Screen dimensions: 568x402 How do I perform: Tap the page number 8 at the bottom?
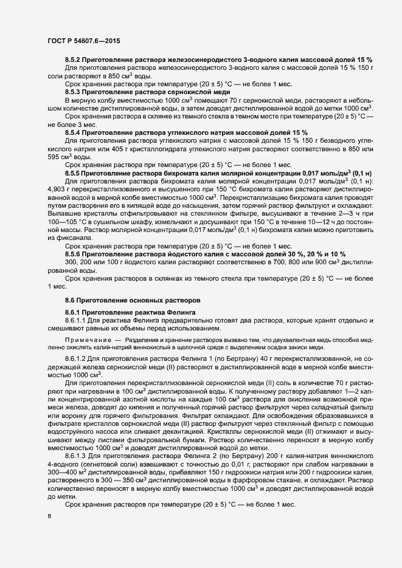[x=49, y=516]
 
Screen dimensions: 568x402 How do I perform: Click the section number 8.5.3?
[x=74, y=90]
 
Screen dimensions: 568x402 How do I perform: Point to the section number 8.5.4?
[x=74, y=132]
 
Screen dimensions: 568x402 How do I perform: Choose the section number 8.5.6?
[x=74, y=253]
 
